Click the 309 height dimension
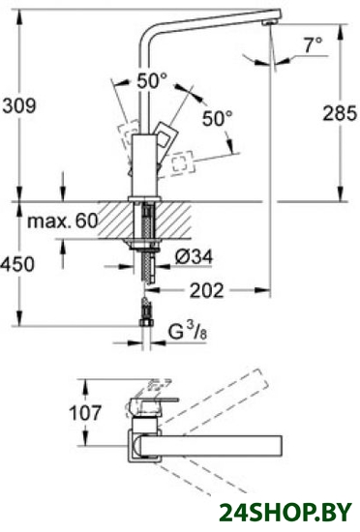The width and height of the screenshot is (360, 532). (19, 105)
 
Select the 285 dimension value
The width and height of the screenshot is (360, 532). (340, 113)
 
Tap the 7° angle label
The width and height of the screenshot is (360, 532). (313, 44)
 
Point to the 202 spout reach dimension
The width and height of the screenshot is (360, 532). (207, 290)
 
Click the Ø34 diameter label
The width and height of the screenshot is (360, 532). (195, 257)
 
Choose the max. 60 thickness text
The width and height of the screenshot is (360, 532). (63, 222)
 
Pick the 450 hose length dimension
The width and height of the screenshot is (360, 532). (17, 264)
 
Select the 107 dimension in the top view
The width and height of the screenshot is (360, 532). (85, 413)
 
